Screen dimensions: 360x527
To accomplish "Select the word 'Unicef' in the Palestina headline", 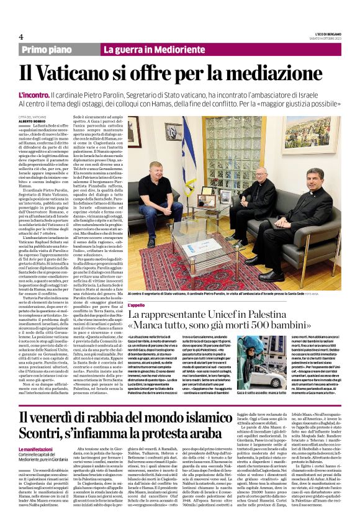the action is tap(233, 316).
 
